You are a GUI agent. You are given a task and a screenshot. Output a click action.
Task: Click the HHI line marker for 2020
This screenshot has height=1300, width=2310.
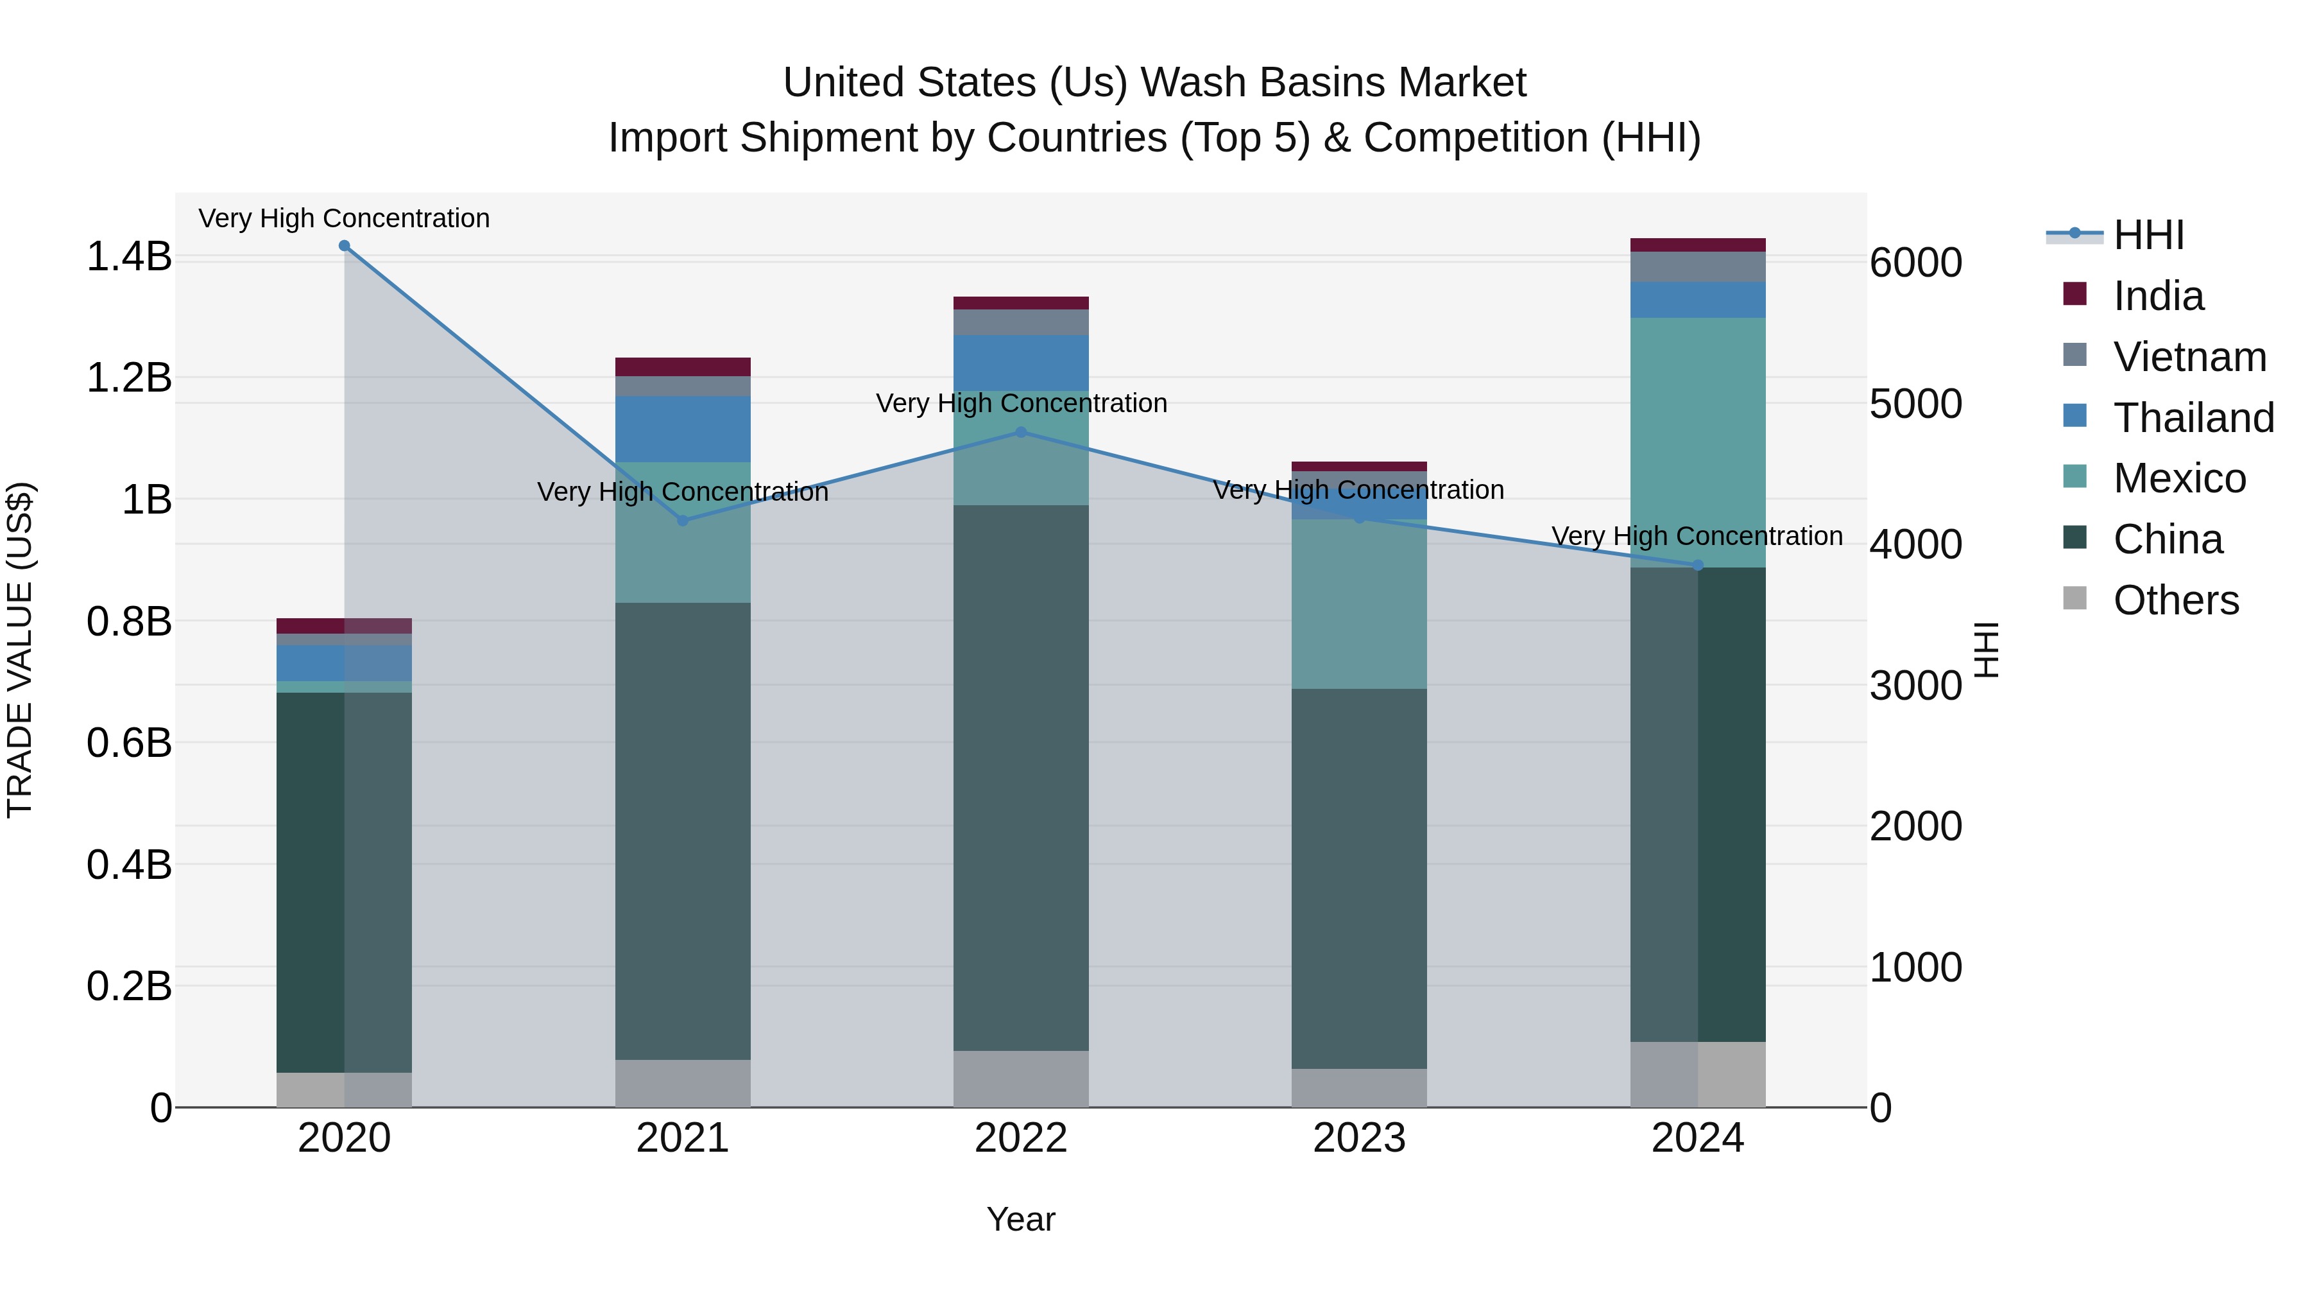(345, 246)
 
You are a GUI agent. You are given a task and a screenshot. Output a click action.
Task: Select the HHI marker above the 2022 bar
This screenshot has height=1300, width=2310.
(1020, 433)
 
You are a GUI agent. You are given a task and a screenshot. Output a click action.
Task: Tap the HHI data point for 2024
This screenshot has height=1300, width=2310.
(1697, 565)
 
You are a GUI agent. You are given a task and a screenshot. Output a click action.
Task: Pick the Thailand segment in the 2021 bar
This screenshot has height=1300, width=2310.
(683, 429)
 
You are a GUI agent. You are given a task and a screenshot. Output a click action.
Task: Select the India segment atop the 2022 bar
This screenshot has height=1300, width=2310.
(1020, 303)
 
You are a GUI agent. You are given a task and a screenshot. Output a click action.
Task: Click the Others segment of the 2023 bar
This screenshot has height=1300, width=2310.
(1358, 1088)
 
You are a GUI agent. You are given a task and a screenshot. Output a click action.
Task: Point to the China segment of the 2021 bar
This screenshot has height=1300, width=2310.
(683, 830)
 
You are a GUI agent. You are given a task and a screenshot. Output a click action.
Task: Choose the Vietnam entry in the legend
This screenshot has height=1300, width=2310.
(2189, 357)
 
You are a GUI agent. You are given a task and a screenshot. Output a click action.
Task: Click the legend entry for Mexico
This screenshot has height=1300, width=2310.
(2179, 478)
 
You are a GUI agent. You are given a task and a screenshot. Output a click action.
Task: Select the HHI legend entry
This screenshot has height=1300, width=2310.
(2148, 235)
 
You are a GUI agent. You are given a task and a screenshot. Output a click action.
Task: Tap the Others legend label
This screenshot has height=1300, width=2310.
(2175, 600)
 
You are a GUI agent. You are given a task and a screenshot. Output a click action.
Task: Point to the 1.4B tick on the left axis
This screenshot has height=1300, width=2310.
(129, 257)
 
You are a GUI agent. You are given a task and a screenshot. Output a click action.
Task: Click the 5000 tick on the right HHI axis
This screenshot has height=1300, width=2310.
(1916, 404)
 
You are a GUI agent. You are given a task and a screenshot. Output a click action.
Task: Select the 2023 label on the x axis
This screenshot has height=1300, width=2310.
(1358, 1138)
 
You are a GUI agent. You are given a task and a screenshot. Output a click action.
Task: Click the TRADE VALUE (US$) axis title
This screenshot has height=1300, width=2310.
(20, 650)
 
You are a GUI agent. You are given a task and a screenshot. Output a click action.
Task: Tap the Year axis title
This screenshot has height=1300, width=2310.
(1020, 1219)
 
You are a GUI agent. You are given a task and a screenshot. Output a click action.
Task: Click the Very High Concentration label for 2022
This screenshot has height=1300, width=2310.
(1020, 404)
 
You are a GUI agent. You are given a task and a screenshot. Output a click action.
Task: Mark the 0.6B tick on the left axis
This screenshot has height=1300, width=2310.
(129, 743)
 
